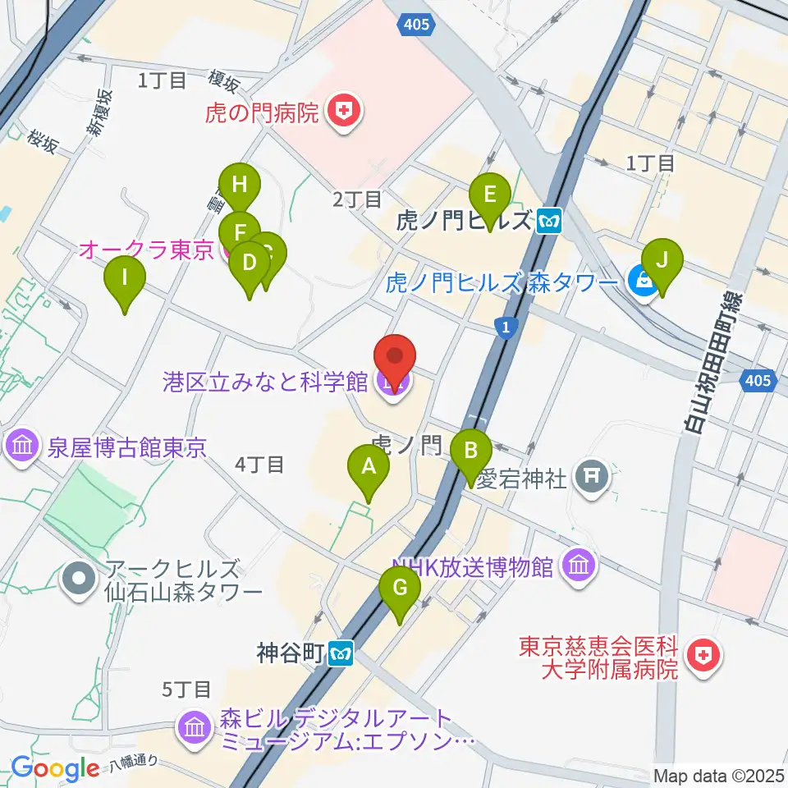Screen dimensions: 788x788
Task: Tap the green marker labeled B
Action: tap(470, 451)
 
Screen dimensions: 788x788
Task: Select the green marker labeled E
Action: tap(490, 195)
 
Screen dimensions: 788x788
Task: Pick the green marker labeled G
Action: tap(400, 588)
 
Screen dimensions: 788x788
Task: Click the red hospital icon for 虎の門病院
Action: tap(341, 111)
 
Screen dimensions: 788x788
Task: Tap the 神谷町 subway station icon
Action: tap(341, 653)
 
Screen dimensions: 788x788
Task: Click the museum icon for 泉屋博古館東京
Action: tap(22, 447)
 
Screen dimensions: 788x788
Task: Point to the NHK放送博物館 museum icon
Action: tap(580, 566)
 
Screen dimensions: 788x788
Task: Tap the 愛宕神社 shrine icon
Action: tap(592, 476)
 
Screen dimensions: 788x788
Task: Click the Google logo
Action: tap(55, 767)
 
